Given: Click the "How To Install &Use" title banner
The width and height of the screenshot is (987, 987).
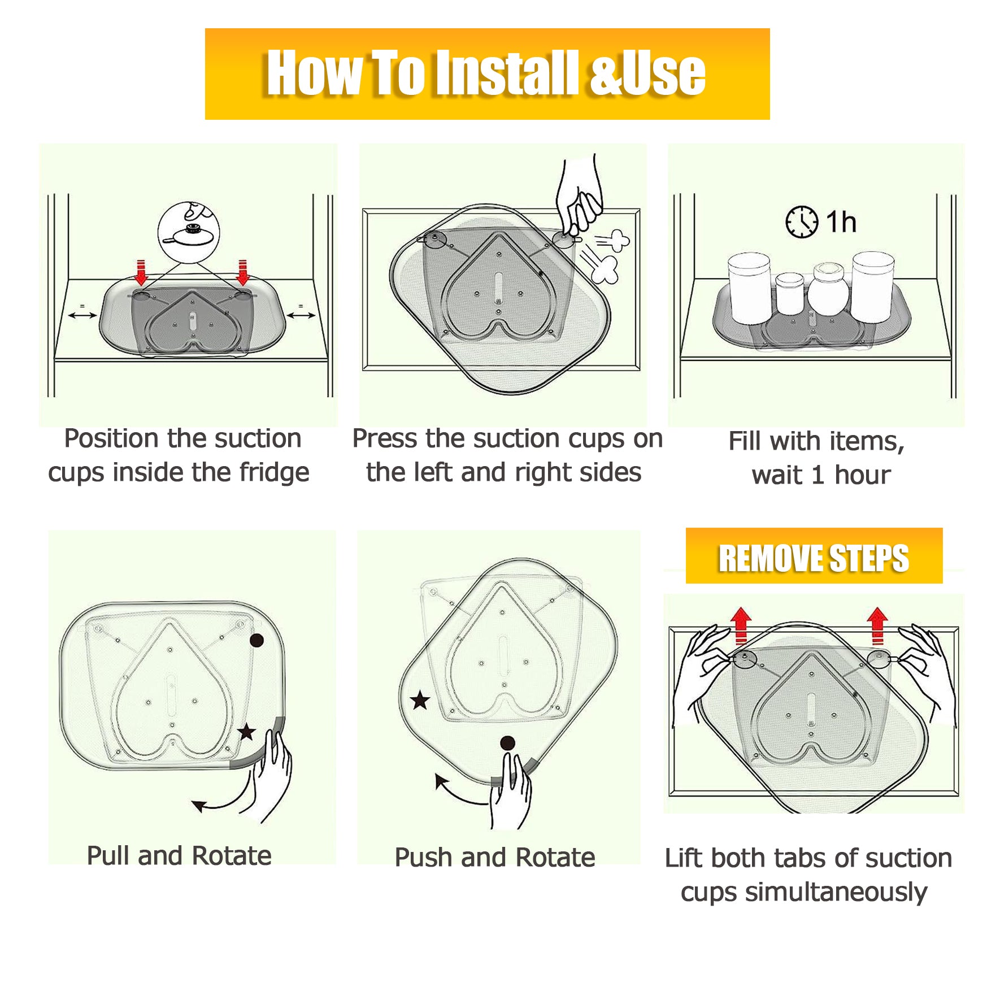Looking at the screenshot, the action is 487,74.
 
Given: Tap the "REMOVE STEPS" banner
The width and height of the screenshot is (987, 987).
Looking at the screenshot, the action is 814,556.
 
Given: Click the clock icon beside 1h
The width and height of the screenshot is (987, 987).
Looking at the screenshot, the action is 802,222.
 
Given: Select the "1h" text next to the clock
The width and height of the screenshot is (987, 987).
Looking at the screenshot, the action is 841,222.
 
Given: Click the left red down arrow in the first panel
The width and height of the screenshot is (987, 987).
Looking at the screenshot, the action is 141,272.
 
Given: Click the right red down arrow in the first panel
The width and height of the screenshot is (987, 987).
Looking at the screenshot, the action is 243,272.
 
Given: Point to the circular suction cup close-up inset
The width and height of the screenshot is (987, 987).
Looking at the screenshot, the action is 189,232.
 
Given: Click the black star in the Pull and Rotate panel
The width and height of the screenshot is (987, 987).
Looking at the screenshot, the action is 246,732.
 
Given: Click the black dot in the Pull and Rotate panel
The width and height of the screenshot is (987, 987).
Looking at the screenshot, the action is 256,641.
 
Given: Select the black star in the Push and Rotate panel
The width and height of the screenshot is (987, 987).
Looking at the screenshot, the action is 420,701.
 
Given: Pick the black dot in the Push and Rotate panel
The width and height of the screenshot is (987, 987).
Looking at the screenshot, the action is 507,743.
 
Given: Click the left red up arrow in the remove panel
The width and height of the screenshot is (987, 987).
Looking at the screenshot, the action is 741,626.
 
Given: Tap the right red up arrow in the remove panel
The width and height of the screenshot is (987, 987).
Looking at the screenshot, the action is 877,626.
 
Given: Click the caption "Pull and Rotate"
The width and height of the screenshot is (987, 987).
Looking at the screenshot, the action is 179,855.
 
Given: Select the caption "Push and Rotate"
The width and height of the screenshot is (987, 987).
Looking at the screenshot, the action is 495,857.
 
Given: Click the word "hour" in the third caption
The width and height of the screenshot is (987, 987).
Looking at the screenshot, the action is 863,475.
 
